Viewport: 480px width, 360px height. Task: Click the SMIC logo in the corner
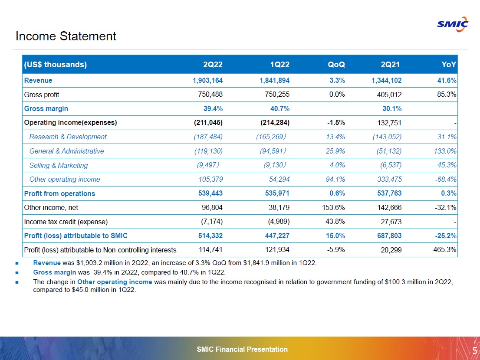(453, 24)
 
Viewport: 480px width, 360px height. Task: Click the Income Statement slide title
(66, 36)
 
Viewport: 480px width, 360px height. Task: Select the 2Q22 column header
(213, 65)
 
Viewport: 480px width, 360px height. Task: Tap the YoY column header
(449, 65)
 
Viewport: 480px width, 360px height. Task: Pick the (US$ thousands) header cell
(56, 65)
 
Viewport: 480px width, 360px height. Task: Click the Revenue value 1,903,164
(207, 80)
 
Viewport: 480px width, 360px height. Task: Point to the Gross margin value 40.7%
(281, 109)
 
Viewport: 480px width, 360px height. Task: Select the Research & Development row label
(68, 137)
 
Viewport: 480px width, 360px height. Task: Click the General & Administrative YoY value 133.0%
(444, 151)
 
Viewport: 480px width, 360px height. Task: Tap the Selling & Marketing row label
(59, 165)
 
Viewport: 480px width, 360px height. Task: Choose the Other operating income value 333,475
(388, 180)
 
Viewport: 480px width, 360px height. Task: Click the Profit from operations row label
(59, 193)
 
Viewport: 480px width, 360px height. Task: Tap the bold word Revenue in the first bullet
(47, 263)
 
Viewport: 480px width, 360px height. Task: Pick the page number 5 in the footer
(474, 350)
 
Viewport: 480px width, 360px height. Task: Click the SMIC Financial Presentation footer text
(242, 349)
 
